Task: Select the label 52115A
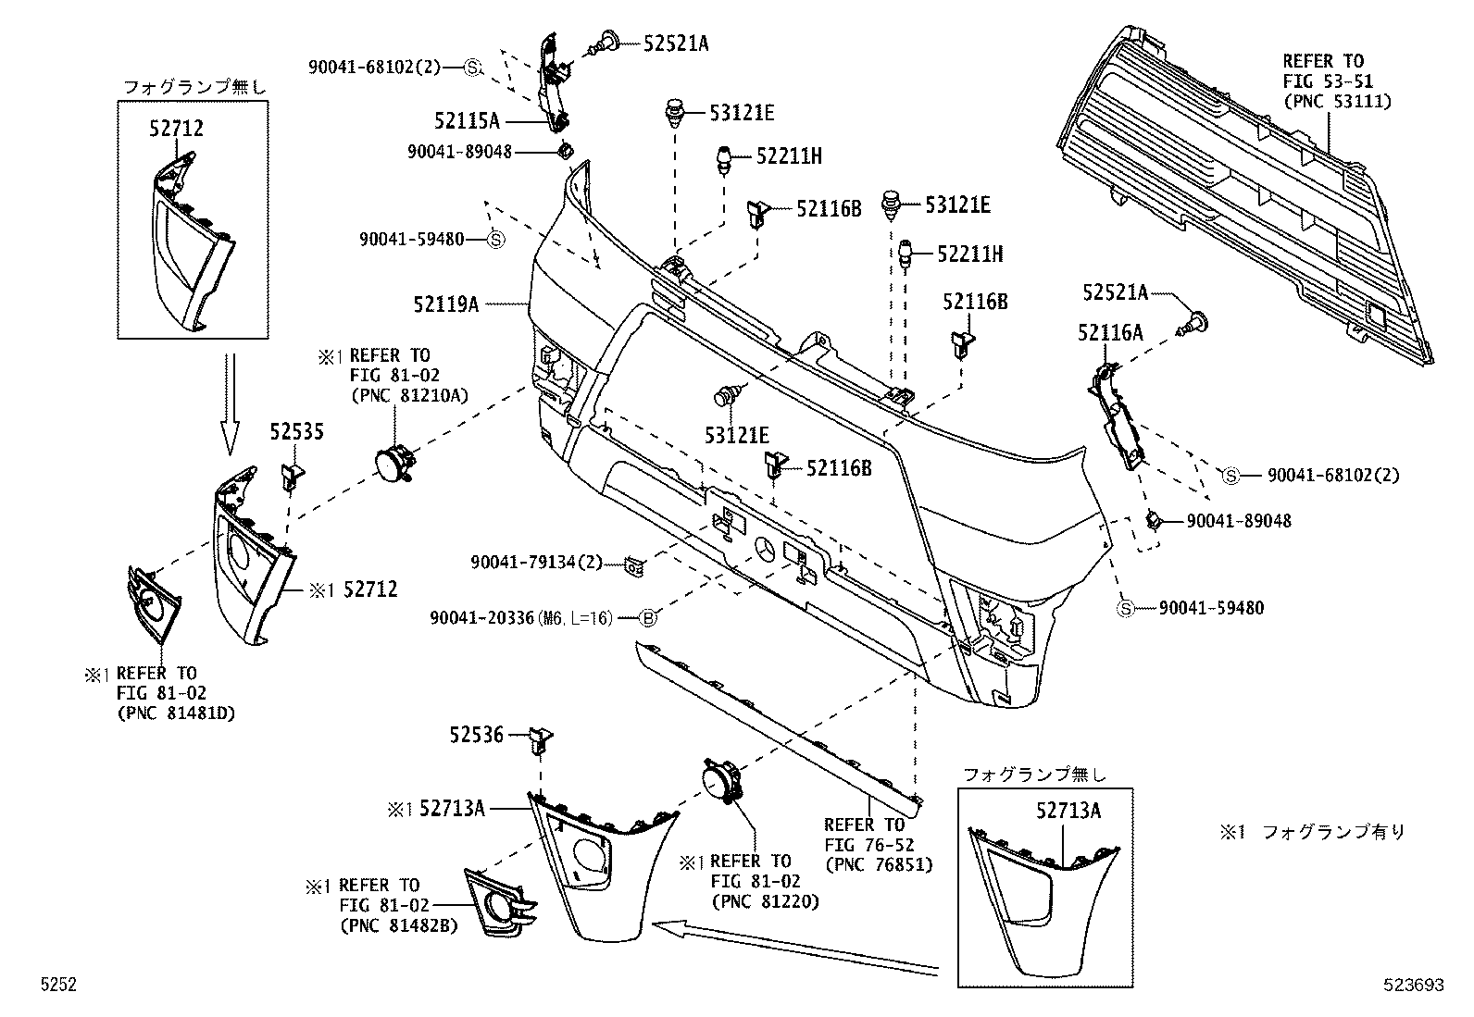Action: coord(467,120)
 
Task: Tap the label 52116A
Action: coord(1109,333)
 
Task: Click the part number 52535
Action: coord(296,432)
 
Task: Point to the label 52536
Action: coord(477,736)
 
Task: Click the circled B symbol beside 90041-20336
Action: coord(648,617)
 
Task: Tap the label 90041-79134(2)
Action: coord(536,563)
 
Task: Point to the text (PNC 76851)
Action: coord(878,864)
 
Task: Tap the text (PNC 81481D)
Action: coord(176,713)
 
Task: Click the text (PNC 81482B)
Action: coord(398,924)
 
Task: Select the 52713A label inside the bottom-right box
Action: coord(1068,812)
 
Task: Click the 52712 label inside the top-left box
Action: coord(175,130)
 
